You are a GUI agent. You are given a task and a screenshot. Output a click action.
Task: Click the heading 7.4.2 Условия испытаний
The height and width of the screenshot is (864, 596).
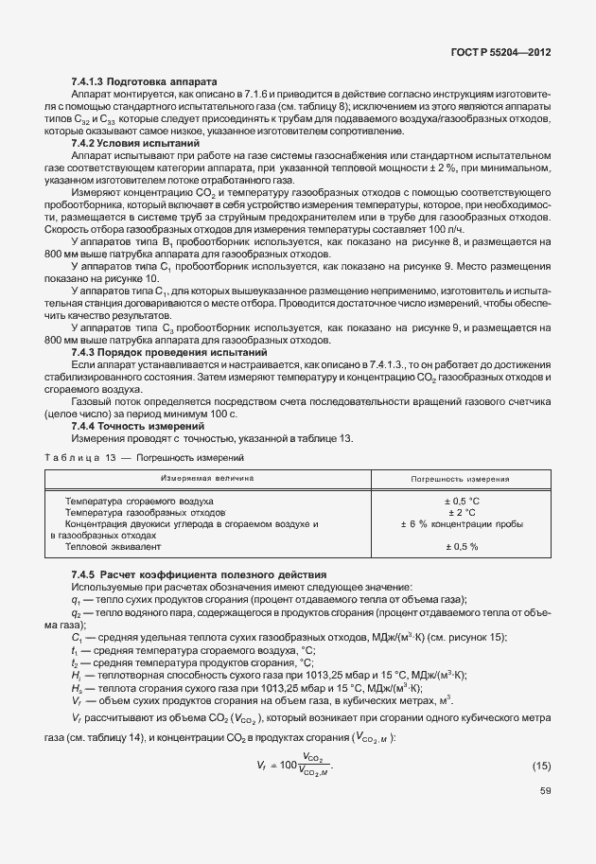[x=129, y=143]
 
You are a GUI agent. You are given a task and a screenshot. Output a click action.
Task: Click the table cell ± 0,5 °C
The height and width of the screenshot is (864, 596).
[x=462, y=500]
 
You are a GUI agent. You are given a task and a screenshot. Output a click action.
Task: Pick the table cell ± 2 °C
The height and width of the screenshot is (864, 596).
[x=462, y=511]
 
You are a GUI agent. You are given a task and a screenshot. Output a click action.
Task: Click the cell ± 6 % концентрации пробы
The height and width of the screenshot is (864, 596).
[x=462, y=523]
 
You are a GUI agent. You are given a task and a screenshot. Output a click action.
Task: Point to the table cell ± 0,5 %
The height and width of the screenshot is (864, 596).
[x=462, y=546]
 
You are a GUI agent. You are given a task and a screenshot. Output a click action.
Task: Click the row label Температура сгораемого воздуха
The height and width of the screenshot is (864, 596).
[x=138, y=500]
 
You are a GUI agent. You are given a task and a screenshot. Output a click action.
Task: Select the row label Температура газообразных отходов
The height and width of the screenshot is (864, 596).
[x=131, y=511]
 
